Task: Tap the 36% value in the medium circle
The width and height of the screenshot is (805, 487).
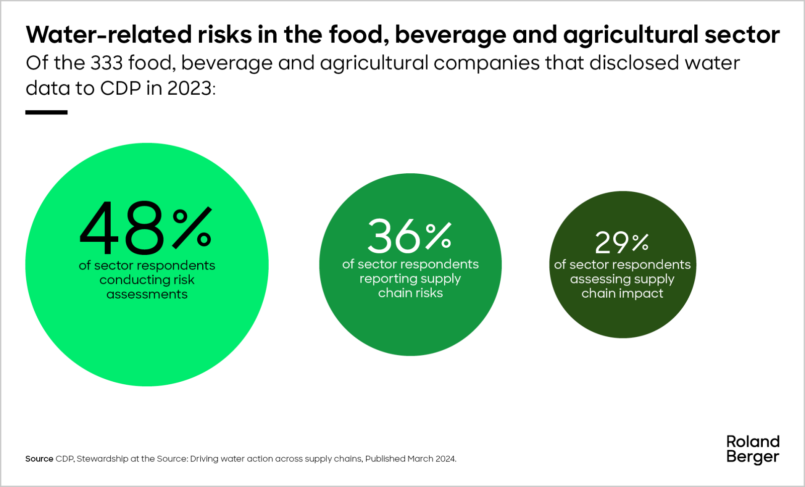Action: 410,236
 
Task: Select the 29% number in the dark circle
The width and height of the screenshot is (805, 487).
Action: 621,243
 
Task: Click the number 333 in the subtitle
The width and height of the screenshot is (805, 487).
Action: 107,63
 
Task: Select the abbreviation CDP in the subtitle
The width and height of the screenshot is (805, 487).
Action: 120,88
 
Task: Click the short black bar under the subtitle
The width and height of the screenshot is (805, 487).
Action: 46,112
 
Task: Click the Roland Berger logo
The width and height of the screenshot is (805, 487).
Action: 753,449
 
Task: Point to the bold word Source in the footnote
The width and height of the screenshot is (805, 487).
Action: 39,459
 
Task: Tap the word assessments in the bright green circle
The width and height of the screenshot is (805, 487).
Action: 147,294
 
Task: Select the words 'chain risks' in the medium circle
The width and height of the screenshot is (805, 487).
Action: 410,293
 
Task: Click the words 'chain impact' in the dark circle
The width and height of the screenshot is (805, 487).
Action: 622,293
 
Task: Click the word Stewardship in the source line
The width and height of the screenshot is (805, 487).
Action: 103,459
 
